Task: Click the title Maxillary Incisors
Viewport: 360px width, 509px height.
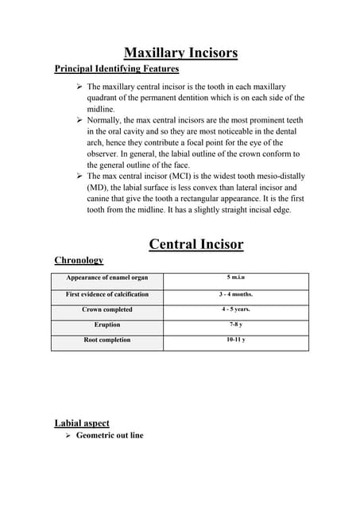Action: (x=180, y=53)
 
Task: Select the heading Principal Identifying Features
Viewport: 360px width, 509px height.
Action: (x=116, y=69)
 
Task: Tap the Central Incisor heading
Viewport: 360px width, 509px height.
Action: (x=195, y=243)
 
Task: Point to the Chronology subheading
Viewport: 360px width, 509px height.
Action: (x=79, y=260)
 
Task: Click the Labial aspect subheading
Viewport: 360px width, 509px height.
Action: (x=82, y=423)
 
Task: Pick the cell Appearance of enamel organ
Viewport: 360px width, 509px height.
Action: (x=106, y=279)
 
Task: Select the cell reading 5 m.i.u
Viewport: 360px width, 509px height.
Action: (x=236, y=278)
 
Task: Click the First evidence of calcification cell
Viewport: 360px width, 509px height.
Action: (x=106, y=295)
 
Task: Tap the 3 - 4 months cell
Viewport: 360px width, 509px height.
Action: (x=236, y=294)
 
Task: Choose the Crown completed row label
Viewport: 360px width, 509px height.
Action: (x=106, y=310)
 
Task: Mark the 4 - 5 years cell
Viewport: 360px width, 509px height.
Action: (x=236, y=309)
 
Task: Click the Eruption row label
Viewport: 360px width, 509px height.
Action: (x=106, y=325)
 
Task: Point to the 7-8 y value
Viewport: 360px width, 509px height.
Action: (x=236, y=324)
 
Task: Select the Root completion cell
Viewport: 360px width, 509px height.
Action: (x=106, y=340)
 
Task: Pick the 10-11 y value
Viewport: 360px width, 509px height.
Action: (x=236, y=340)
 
